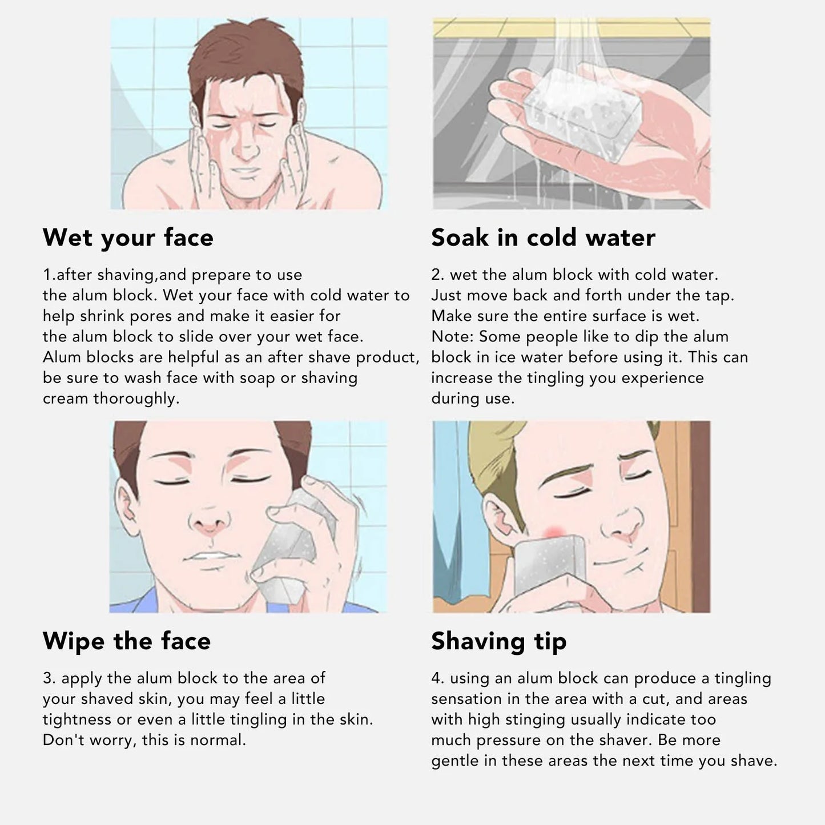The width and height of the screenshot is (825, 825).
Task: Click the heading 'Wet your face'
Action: [128, 238]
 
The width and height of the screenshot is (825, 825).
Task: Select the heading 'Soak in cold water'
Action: [543, 238]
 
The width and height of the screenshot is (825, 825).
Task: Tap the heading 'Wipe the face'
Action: [127, 641]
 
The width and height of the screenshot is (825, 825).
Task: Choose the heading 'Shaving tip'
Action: [498, 641]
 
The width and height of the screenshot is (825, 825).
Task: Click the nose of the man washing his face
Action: [246, 150]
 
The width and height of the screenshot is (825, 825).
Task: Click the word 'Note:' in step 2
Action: [453, 337]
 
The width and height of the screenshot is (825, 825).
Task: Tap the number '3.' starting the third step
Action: [49, 678]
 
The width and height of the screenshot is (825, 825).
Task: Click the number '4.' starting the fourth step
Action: [438, 678]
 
